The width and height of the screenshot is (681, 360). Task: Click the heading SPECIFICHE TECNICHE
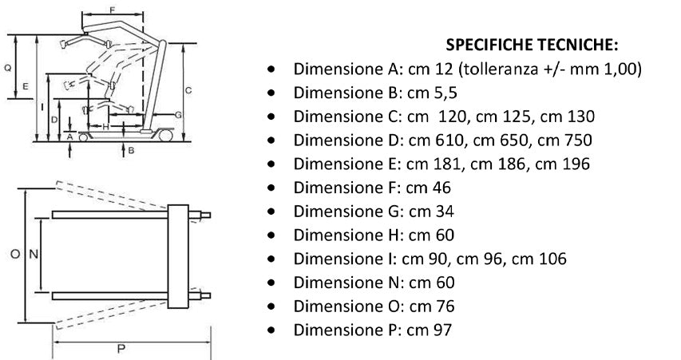coord(532,45)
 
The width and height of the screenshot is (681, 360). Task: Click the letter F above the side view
coord(113,10)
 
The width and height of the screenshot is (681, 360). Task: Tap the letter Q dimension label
coord(8,68)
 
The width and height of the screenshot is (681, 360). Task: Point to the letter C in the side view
coord(188,90)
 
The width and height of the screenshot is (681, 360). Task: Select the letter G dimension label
coord(178,115)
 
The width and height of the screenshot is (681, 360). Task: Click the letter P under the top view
coord(121,349)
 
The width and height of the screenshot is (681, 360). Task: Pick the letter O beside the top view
coord(15,254)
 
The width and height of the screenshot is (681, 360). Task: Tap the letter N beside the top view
coord(34,254)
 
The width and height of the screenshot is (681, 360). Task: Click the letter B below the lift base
coord(131,151)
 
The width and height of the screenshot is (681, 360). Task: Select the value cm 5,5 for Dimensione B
coord(432,93)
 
